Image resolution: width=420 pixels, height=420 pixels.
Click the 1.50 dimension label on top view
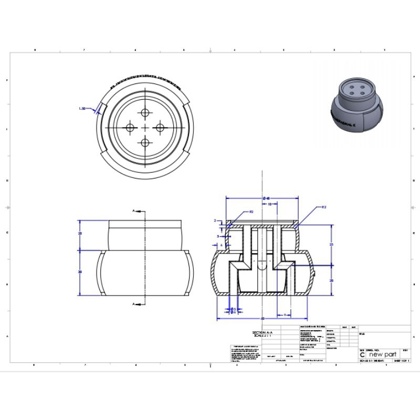[x=82, y=109]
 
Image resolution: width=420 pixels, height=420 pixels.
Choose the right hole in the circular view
[x=160, y=127]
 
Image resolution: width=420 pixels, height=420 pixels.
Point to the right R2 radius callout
[x=324, y=207]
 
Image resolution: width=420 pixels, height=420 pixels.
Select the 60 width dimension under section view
[x=262, y=319]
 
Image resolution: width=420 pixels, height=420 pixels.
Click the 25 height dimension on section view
[x=331, y=245]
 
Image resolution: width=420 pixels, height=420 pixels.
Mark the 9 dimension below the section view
[x=284, y=314]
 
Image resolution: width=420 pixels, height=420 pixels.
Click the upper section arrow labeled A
[x=134, y=211]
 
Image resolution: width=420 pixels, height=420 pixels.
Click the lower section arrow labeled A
[x=134, y=303]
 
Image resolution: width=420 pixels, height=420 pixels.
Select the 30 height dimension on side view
[x=80, y=272]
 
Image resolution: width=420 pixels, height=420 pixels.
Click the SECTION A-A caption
[x=262, y=333]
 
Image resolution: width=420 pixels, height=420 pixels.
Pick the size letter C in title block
[x=362, y=355]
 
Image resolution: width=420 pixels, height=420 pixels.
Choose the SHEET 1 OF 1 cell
[x=401, y=361]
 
